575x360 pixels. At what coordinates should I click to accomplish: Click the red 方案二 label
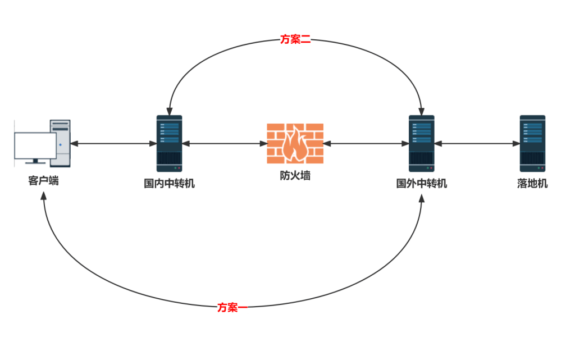(295, 39)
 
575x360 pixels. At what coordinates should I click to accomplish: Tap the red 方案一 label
(232, 307)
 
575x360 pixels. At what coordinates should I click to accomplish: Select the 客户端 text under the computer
(43, 181)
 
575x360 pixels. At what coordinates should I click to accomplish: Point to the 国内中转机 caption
(169, 183)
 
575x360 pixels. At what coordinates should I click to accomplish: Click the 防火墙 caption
(295, 175)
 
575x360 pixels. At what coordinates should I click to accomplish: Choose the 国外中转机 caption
(422, 183)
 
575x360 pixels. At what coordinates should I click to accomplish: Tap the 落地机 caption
(532, 183)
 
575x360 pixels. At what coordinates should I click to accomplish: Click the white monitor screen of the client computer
(35, 145)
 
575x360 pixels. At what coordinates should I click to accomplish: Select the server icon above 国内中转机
(169, 143)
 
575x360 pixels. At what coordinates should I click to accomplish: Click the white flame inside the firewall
(295, 144)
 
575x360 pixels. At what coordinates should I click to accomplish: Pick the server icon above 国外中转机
(421, 143)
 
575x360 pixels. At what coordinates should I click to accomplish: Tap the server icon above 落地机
(532, 143)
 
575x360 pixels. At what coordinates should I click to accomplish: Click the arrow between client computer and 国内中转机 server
(113, 144)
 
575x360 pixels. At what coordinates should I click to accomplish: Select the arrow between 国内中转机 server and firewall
(225, 144)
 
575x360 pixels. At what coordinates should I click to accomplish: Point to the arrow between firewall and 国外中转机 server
(366, 144)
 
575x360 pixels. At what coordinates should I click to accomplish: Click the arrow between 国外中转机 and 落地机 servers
(477, 144)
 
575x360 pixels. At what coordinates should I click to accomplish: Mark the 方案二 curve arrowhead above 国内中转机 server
(168, 111)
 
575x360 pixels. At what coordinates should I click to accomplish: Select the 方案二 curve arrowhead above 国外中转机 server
(422, 111)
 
